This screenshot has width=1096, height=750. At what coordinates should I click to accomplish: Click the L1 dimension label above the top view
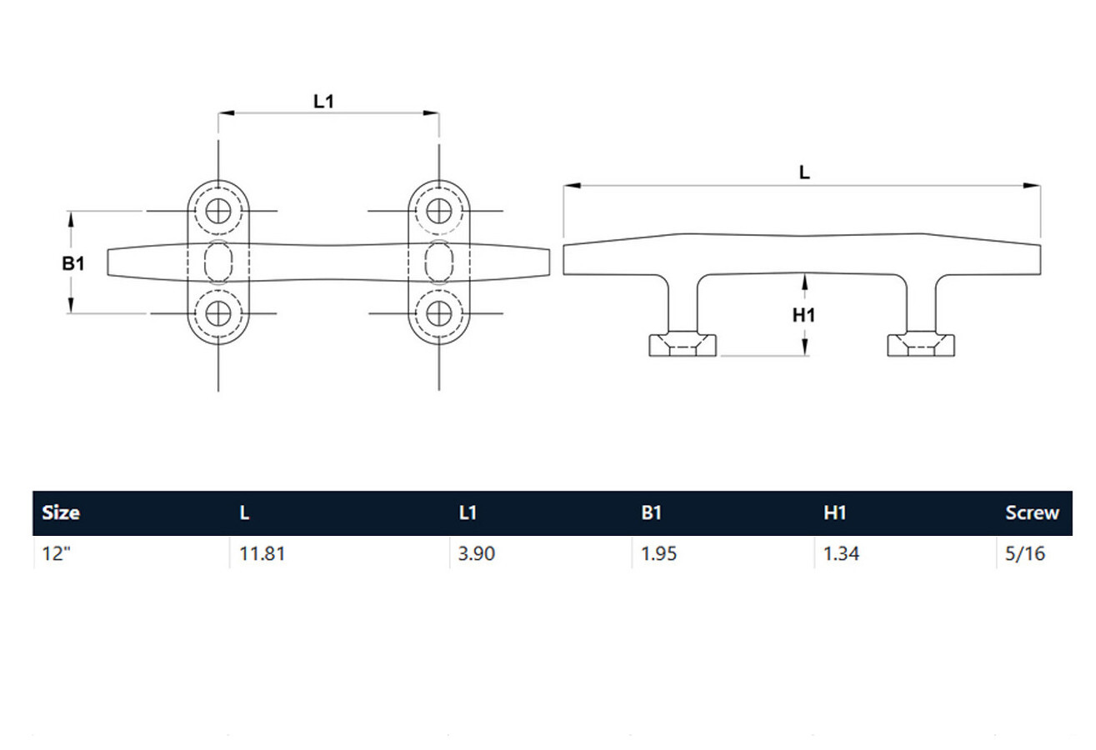tap(323, 102)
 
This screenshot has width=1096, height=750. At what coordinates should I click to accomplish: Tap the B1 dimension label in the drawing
tap(73, 264)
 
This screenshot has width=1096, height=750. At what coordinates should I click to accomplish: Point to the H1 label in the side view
tap(803, 315)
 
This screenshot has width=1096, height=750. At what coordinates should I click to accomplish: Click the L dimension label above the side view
tap(803, 172)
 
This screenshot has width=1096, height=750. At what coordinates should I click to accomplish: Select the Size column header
tap(61, 513)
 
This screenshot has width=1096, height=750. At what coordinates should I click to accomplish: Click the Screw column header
tap(1032, 513)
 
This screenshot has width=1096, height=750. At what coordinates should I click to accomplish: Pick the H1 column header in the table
tap(834, 513)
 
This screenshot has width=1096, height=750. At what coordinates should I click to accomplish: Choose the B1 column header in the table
tap(651, 513)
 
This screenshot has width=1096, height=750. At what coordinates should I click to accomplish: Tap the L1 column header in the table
tap(468, 513)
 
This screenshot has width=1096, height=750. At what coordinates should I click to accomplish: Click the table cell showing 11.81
tap(262, 553)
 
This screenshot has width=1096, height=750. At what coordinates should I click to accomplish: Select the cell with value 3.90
tap(477, 553)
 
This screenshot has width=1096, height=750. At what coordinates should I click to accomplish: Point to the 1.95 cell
tap(659, 553)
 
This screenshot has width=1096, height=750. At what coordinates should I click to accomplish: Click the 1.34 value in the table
tap(842, 553)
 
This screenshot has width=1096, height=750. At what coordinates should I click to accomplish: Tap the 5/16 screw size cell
tap(1025, 553)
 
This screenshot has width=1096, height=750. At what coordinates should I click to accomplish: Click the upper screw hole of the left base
tap(219, 211)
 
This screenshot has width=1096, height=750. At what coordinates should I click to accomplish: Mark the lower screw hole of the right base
tap(438, 313)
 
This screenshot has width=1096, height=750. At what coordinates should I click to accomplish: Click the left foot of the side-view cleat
tap(682, 343)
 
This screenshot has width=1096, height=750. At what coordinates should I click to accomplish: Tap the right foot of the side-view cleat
tap(921, 343)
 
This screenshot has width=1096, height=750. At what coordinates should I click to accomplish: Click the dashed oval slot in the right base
tap(438, 262)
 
